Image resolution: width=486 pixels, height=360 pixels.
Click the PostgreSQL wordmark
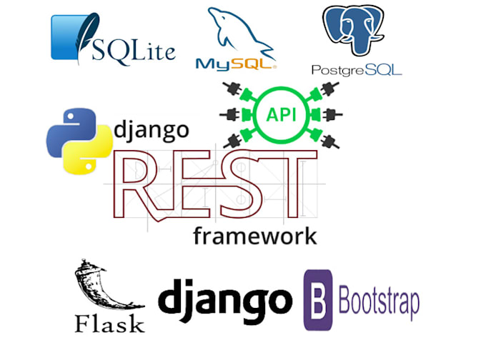point(357,70)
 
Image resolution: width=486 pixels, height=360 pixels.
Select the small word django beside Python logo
point(152,131)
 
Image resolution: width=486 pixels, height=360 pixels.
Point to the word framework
point(254,236)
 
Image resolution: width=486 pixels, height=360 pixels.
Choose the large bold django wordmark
point(225,299)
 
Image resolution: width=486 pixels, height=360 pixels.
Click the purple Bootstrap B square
point(318,300)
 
